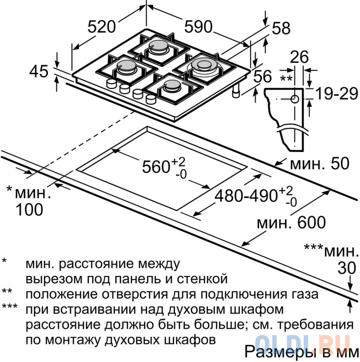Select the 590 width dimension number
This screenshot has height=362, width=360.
click(198, 27)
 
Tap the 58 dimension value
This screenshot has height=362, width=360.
click(281, 29)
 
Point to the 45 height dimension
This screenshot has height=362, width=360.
click(38, 71)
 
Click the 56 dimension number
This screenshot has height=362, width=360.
click(263, 77)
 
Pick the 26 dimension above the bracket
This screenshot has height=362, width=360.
click(298, 57)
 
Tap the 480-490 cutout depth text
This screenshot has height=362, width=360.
click(246, 196)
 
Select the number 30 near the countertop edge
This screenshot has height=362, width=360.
click(347, 268)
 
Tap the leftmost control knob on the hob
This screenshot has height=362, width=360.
click(111, 84)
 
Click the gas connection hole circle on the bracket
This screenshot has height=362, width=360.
click(294, 99)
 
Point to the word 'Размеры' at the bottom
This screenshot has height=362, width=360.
click(273, 352)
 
